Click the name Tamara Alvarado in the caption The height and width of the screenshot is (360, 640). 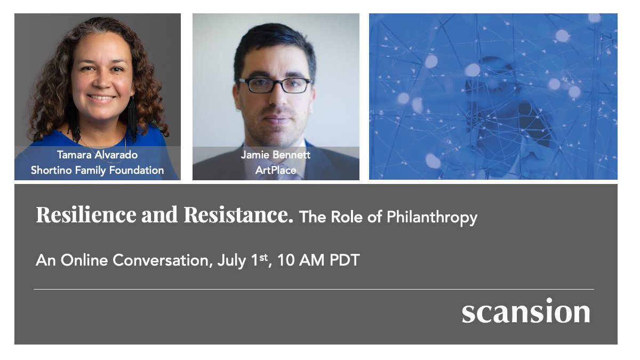pos(97,155)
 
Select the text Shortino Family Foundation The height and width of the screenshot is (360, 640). pos(97,170)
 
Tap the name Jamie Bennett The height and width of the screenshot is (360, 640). pos(275,155)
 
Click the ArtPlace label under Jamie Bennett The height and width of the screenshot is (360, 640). pos(275,170)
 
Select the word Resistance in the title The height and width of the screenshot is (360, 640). pos(238,215)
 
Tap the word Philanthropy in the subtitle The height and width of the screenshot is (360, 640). pos(431,217)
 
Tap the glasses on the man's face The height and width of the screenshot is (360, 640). pos(275,85)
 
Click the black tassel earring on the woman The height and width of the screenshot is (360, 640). pos(131,120)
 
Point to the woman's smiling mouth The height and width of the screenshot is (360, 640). pos(101,98)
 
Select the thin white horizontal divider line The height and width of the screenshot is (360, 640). pos(314,289)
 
